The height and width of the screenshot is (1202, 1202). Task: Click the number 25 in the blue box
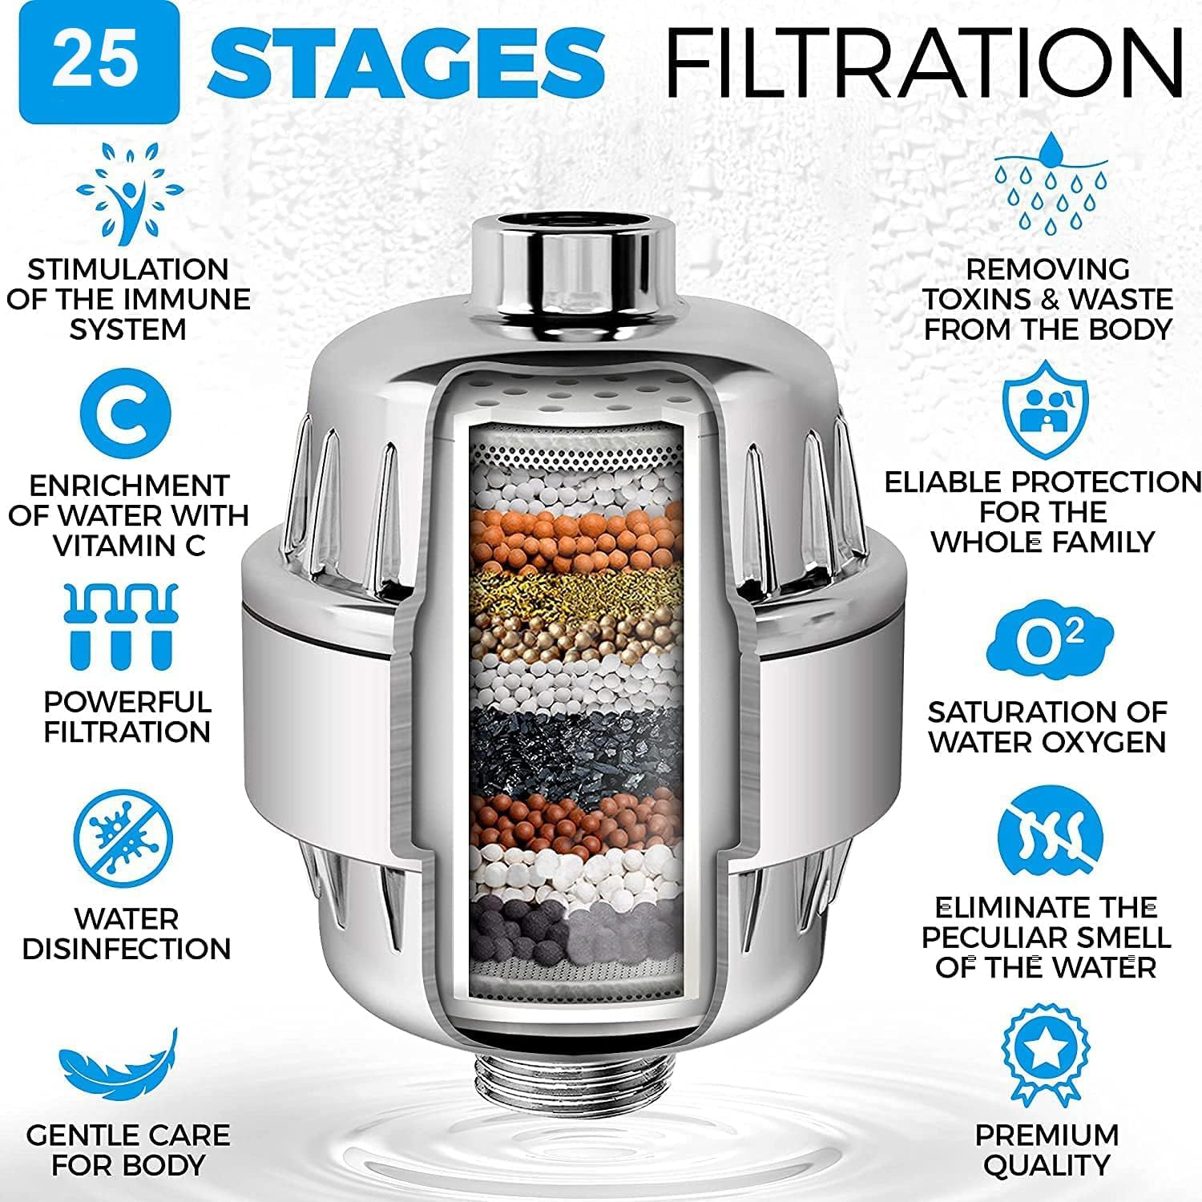99,63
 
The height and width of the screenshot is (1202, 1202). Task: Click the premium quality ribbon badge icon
1046,1055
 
